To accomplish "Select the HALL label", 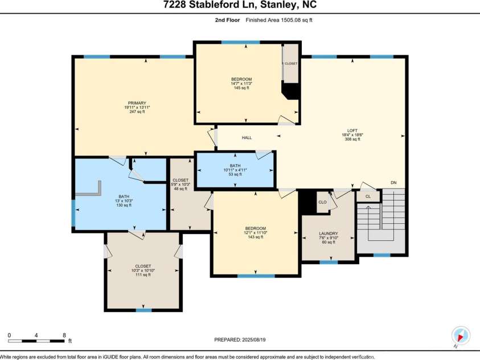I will [x=247, y=138].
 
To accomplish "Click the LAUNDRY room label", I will [x=329, y=234].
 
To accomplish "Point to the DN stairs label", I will [x=393, y=183].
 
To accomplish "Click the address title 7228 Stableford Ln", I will [x=240, y=5].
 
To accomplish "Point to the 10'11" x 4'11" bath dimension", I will [x=235, y=170].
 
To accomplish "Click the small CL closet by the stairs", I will [x=368, y=197].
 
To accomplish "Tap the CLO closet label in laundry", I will [x=322, y=202].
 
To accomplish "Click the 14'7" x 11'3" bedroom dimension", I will [x=241, y=84].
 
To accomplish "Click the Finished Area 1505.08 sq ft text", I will [x=279, y=20].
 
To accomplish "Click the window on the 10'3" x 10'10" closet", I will [x=143, y=310].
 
